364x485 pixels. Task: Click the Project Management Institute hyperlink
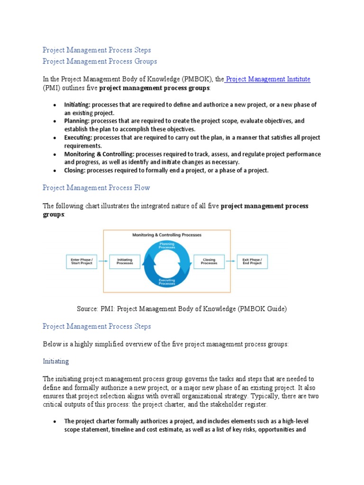coord(268,79)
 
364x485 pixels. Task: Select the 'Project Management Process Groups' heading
coord(100,61)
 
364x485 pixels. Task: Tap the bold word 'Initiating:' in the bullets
coord(77,105)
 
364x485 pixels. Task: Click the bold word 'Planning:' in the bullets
coord(77,121)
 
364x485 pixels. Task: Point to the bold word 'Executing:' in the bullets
coord(79,138)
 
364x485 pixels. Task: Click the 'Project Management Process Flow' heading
coord(96,188)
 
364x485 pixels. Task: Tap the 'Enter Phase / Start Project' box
coord(82,261)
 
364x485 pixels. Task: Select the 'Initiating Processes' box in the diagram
coord(125,261)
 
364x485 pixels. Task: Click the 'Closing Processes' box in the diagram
coord(209,261)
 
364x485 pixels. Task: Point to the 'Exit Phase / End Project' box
coord(252,261)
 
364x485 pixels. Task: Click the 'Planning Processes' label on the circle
coord(166,246)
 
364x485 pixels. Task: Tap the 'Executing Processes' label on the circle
coord(166,281)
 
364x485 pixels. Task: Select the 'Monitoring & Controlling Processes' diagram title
coord(166,235)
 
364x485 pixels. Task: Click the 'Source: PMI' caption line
coord(182,309)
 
